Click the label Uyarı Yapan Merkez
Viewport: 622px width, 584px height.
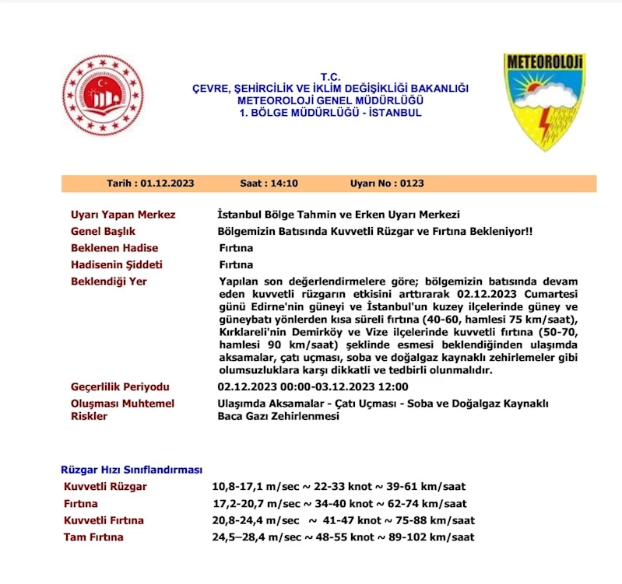(x=123, y=215)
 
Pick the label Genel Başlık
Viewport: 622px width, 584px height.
(x=103, y=232)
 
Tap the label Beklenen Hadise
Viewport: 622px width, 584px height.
(x=114, y=248)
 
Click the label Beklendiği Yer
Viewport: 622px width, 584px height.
(x=108, y=282)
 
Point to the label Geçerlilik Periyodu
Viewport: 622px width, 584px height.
(x=120, y=386)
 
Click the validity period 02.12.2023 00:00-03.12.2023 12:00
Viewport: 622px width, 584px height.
(x=313, y=386)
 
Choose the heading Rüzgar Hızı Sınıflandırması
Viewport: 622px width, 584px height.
(x=132, y=470)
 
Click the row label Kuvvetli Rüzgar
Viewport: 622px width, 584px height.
(x=105, y=487)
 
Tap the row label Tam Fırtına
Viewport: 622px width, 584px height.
(x=93, y=537)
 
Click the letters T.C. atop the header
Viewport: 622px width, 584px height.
(x=331, y=78)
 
